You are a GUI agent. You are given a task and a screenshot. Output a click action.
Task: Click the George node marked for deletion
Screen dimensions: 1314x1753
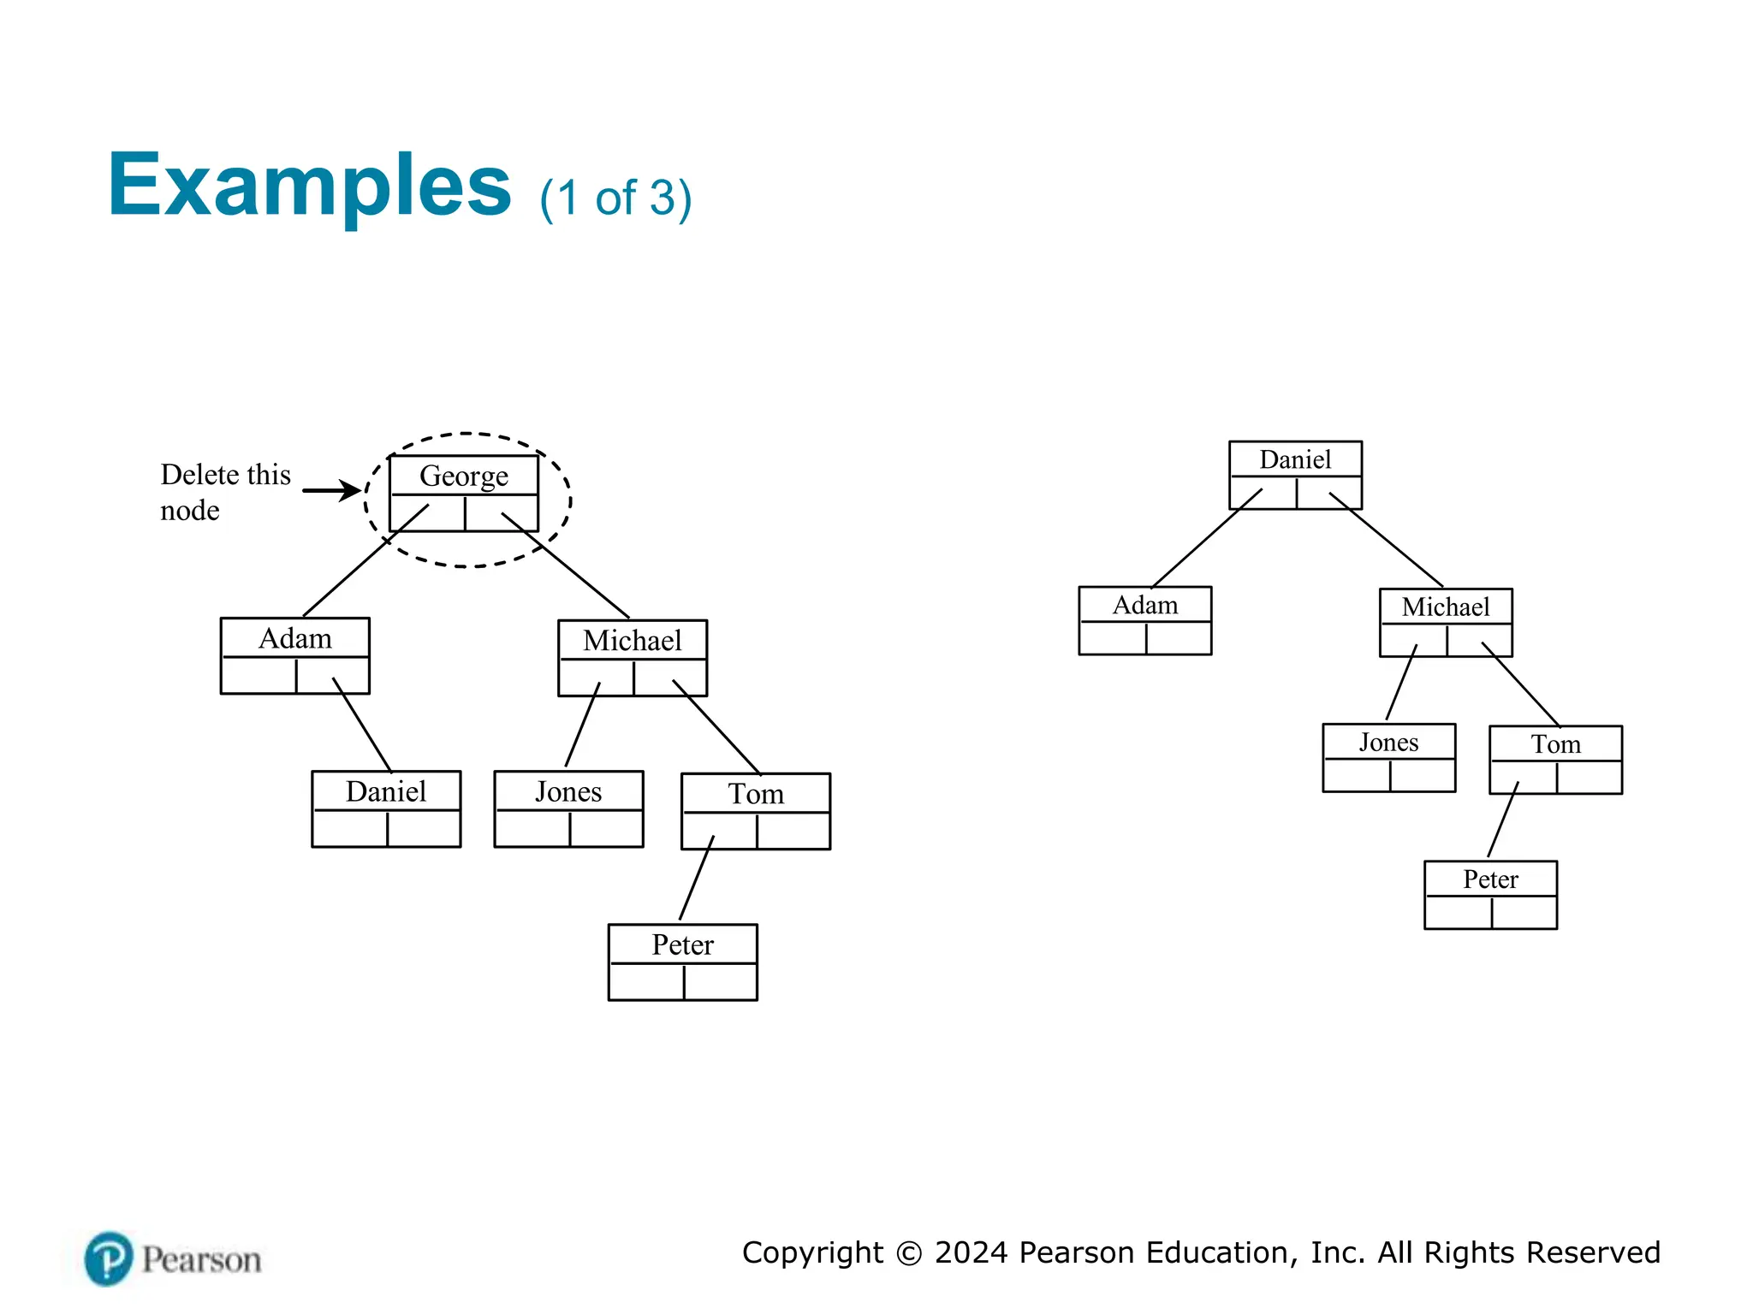pyautogui.click(x=463, y=493)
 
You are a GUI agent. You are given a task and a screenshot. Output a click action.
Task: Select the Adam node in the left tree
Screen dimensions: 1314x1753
pyautogui.click(x=295, y=655)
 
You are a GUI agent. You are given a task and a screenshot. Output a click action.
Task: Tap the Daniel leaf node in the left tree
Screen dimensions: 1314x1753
pyautogui.click(x=386, y=808)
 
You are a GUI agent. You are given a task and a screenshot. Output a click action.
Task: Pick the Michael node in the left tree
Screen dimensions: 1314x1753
pyautogui.click(x=633, y=658)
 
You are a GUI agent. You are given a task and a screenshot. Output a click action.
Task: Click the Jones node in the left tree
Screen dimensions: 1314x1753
pyautogui.click(x=568, y=808)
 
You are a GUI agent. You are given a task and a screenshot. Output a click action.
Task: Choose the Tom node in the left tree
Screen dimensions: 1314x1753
pyautogui.click(x=756, y=811)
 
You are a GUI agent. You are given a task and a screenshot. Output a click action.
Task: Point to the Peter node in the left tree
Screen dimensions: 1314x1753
pyautogui.click(x=682, y=962)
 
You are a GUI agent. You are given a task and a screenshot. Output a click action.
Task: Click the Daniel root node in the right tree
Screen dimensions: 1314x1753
pyautogui.click(x=1295, y=475)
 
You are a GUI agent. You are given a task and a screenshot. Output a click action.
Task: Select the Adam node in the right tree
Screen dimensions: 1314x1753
pyautogui.click(x=1144, y=620)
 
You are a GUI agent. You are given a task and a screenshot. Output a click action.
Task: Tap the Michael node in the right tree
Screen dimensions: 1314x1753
pyautogui.click(x=1446, y=622)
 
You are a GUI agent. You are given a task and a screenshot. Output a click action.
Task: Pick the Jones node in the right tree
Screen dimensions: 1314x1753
pyautogui.click(x=1388, y=757)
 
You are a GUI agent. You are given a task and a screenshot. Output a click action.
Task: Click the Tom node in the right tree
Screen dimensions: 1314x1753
pyautogui.click(x=1555, y=760)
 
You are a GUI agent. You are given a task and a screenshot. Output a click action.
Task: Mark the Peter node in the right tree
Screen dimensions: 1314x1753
pyautogui.click(x=1490, y=895)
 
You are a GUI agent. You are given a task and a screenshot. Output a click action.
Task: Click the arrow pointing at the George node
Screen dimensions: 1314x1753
pyautogui.click(x=332, y=490)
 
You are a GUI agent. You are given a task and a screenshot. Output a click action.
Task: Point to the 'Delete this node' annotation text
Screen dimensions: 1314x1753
pyautogui.click(x=224, y=492)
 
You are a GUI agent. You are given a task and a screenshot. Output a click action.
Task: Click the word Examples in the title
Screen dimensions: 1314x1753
pyautogui.click(x=309, y=186)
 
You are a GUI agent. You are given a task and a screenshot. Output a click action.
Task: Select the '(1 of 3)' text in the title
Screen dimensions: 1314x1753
pyautogui.click(x=615, y=198)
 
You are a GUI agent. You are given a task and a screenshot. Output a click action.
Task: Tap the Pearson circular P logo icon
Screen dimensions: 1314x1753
pyautogui.click(x=109, y=1258)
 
